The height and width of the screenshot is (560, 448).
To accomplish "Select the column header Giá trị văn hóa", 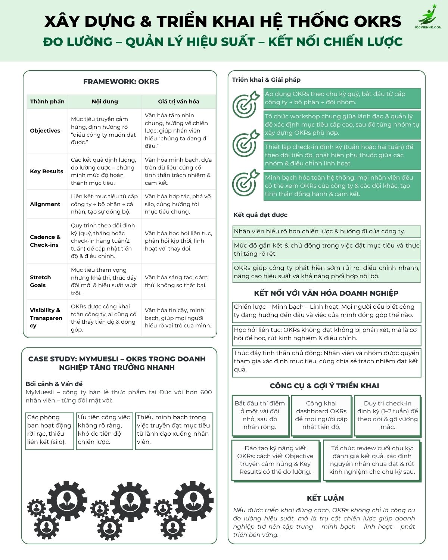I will [178, 102].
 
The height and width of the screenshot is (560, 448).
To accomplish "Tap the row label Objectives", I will [45, 131].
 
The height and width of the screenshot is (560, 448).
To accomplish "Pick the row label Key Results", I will [47, 171].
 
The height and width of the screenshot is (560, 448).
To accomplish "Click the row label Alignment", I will [45, 204].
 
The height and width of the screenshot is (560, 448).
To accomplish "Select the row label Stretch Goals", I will [40, 281].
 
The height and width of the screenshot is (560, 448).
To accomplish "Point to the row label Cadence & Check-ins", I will [45, 241].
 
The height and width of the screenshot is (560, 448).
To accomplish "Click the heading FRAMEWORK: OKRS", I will [121, 81].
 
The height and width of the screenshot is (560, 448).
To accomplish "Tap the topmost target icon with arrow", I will [245, 104].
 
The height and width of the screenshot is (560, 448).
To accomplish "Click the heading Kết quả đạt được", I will [260, 215].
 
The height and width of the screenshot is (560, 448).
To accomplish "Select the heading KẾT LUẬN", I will [325, 498].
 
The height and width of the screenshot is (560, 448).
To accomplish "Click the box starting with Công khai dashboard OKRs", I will [321, 415].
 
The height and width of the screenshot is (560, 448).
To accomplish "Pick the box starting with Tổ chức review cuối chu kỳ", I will [372, 460].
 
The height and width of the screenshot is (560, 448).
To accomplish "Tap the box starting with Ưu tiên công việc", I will [104, 430].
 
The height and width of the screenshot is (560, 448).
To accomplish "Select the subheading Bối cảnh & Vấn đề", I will [54, 384].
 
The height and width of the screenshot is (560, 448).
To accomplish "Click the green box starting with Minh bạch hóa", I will [342, 186].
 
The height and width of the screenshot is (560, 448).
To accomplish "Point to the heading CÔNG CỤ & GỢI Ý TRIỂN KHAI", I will [324, 386].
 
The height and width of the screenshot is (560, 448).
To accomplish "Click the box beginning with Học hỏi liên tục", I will [326, 334].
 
